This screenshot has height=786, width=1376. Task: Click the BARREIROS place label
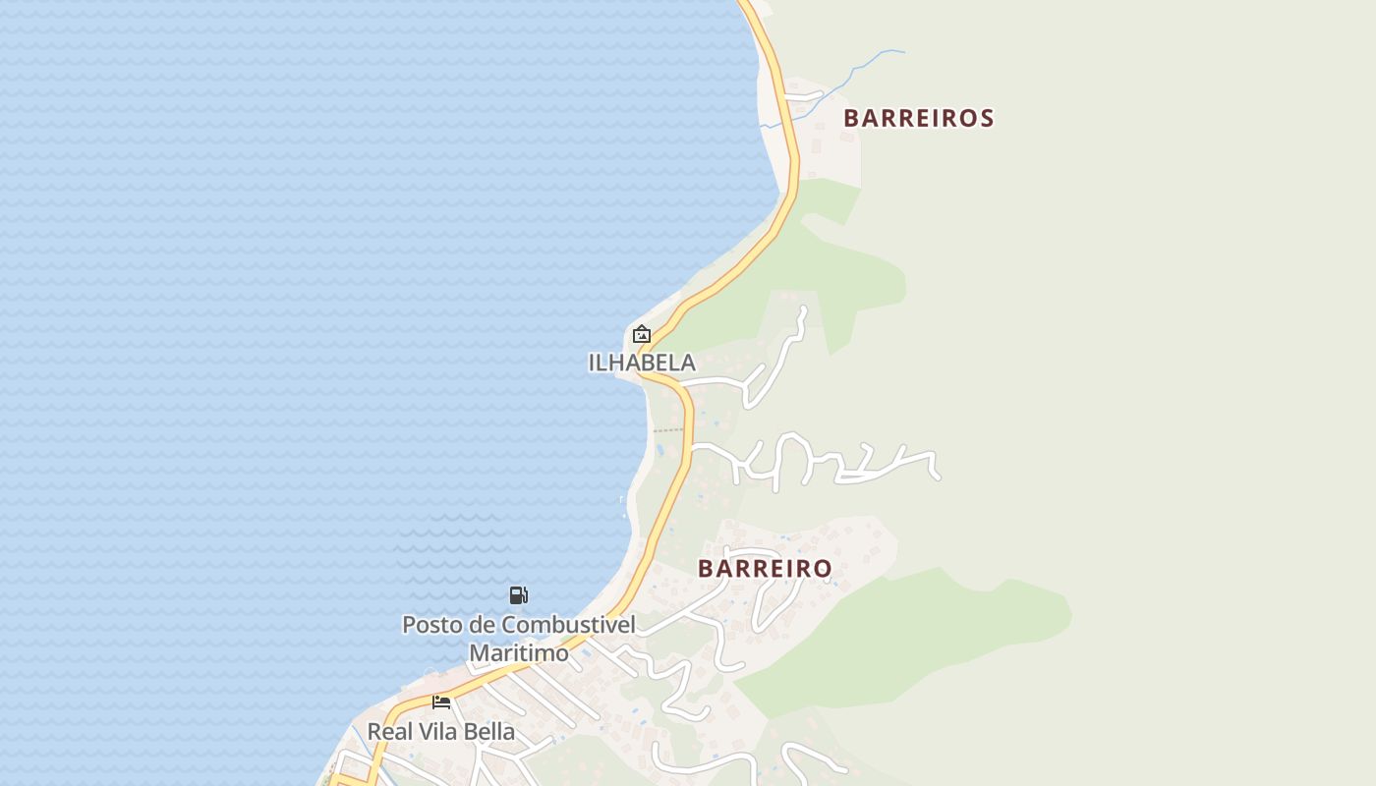(919, 118)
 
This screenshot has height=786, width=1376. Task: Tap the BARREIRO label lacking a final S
(765, 568)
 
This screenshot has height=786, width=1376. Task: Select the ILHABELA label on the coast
(642, 363)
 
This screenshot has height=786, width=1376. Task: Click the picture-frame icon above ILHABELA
(642, 334)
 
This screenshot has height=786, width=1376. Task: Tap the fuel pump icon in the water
(518, 594)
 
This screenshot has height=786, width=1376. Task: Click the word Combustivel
(569, 625)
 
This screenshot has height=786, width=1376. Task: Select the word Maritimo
(519, 652)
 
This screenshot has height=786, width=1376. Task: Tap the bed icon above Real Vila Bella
(441, 702)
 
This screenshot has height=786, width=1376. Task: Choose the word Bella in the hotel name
(490, 732)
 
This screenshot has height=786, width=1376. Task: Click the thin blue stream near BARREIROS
(865, 64)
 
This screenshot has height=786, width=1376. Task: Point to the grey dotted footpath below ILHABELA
(667, 430)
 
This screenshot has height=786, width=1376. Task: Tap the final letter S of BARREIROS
(987, 118)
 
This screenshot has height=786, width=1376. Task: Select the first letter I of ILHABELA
(592, 363)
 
